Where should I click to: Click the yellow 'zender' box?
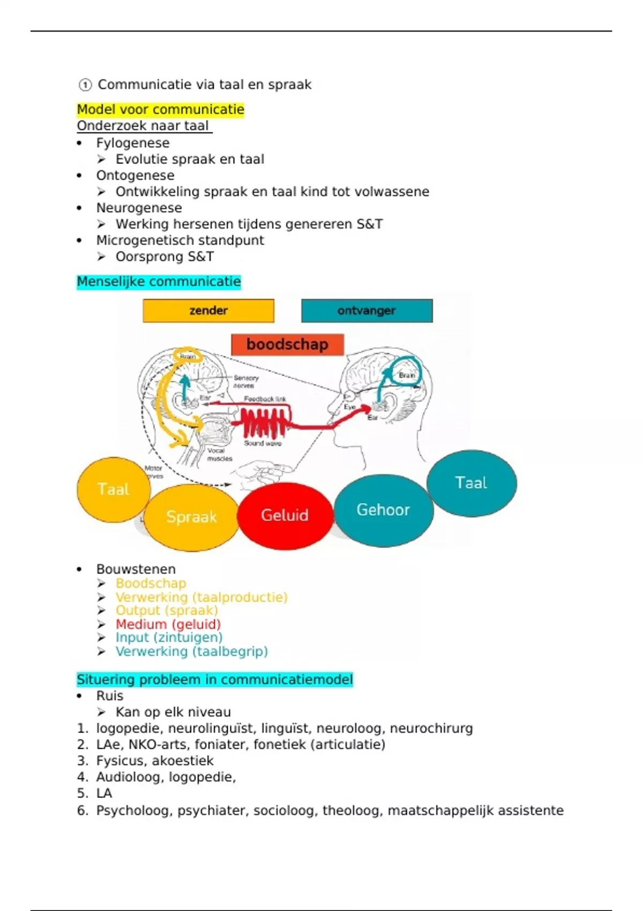tap(208, 311)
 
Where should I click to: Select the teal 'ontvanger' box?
tap(367, 311)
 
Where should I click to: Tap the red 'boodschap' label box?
tap(287, 345)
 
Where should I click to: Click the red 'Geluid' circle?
tap(285, 516)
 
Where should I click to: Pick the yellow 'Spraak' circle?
tap(191, 517)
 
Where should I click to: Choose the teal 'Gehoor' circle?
tap(383, 510)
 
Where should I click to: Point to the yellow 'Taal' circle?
tap(113, 489)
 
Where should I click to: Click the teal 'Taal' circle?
tap(472, 483)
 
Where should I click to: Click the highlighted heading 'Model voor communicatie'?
tap(160, 110)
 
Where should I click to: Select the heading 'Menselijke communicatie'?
tap(159, 282)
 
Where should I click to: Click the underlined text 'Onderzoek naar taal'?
tap(143, 126)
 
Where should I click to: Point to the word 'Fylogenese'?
tap(133, 143)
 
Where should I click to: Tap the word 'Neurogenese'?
tap(139, 208)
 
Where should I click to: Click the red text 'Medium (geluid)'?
tap(168, 624)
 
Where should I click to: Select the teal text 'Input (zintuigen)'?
tap(169, 638)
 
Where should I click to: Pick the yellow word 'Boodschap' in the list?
tap(151, 584)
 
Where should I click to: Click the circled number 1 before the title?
tap(85, 85)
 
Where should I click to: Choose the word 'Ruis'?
tap(109, 696)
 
